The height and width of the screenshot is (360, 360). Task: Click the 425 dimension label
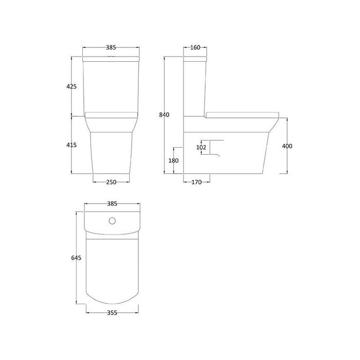(71, 86)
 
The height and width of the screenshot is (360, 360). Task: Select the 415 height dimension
(71, 145)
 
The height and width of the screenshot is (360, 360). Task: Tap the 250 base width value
(111, 181)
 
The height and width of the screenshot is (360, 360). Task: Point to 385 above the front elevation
(111, 48)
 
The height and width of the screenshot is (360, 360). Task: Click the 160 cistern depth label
(195, 48)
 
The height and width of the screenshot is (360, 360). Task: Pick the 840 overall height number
(164, 114)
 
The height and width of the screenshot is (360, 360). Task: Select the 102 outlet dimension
(202, 148)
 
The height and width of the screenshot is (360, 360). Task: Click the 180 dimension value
(174, 160)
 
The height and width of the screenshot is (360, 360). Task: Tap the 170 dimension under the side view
(196, 181)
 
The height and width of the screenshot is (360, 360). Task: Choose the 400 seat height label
(287, 147)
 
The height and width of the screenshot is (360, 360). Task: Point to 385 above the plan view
(111, 204)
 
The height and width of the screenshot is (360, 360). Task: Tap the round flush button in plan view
(112, 222)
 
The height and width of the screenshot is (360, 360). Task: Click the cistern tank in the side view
(195, 85)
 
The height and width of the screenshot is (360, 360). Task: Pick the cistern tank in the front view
(111, 85)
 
